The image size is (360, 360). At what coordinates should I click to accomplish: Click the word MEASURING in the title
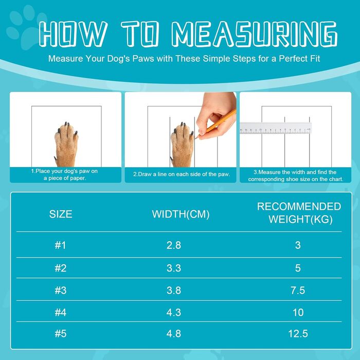(x=255, y=34)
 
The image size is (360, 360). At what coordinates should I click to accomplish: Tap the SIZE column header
(x=61, y=214)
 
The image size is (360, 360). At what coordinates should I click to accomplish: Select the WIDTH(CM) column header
(x=181, y=214)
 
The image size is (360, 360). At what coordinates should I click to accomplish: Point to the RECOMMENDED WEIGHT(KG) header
(x=299, y=213)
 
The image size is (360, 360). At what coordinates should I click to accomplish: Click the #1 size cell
(x=60, y=245)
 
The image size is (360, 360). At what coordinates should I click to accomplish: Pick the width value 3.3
(x=174, y=268)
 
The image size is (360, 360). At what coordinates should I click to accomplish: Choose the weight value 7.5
(x=298, y=291)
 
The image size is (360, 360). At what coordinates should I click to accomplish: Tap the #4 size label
(x=61, y=313)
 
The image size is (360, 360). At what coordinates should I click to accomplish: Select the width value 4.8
(x=174, y=334)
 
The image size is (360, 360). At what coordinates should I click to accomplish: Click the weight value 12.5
(x=298, y=334)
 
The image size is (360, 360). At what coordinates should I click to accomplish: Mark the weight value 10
(x=298, y=313)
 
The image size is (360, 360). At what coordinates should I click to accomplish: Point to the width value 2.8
(x=174, y=245)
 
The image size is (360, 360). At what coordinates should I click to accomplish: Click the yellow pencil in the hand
(x=216, y=124)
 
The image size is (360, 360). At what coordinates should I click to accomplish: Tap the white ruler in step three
(x=276, y=128)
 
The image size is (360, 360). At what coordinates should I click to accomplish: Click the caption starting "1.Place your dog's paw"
(x=64, y=174)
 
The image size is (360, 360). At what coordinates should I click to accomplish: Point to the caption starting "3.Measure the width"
(x=296, y=176)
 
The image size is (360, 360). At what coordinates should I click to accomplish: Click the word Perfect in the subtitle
(x=293, y=59)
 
